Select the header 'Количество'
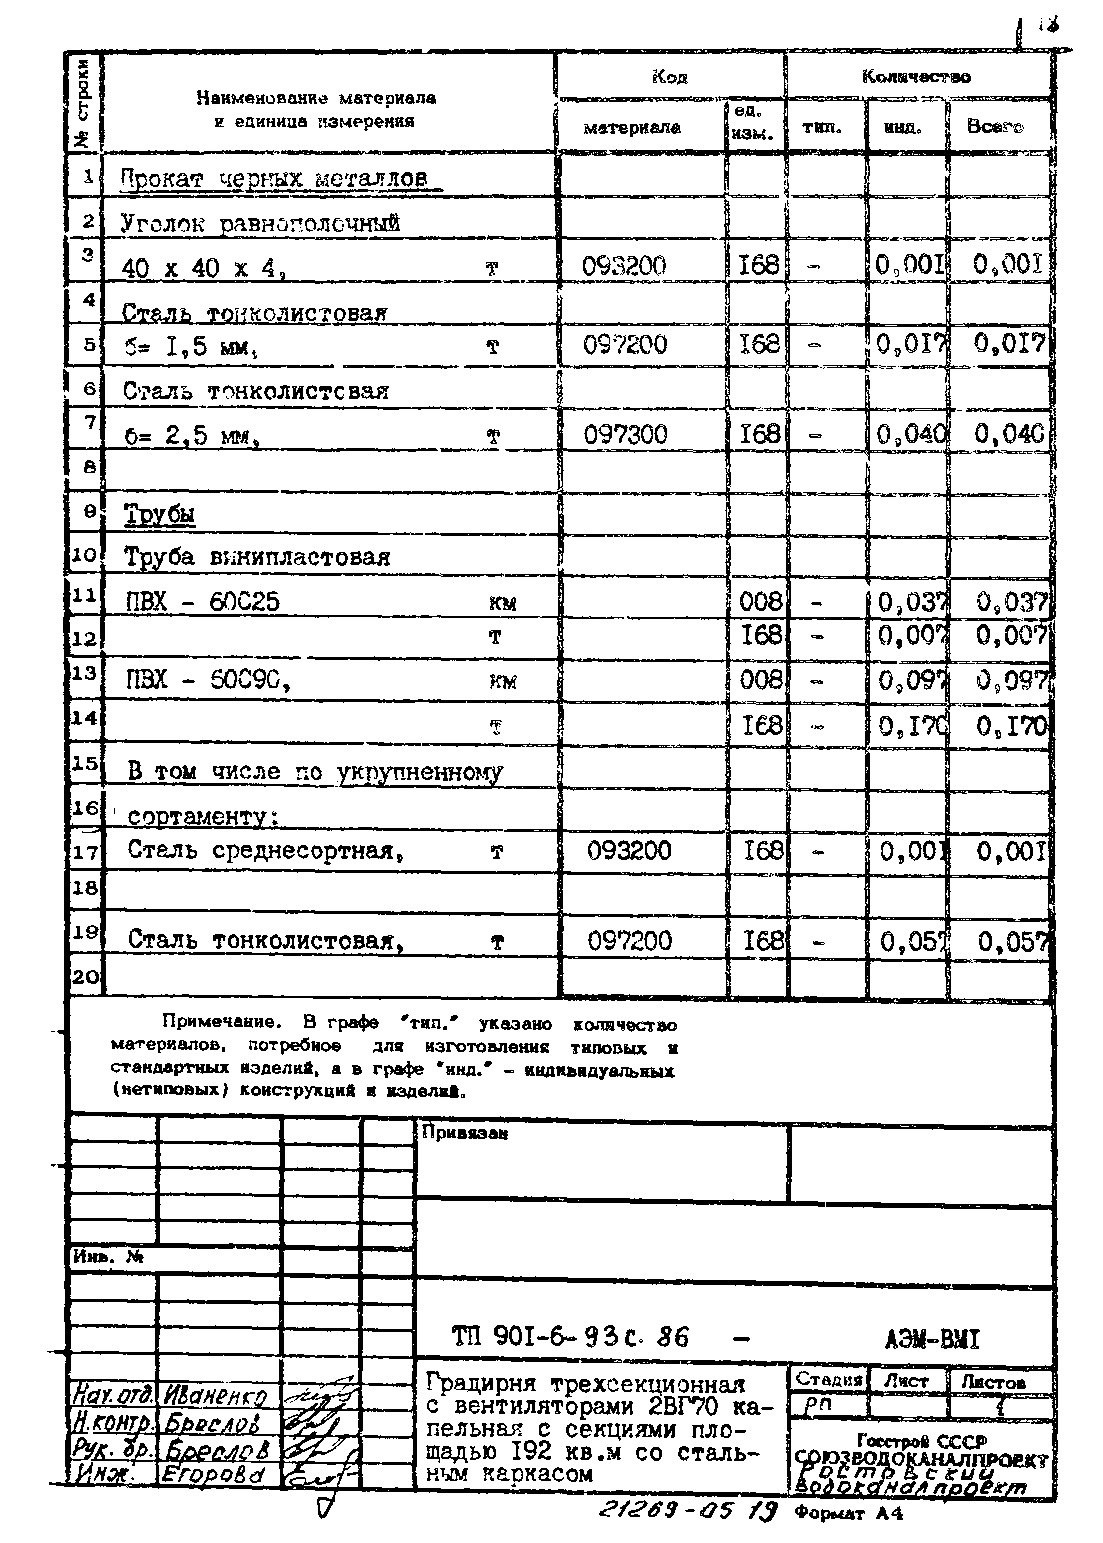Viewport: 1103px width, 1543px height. point(916,77)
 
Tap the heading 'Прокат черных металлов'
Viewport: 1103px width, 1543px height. point(274,179)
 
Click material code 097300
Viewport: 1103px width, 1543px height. point(625,435)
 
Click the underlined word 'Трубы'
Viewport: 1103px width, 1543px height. point(159,514)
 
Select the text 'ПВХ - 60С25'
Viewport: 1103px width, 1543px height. point(202,602)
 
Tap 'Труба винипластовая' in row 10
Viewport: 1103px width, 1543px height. point(257,557)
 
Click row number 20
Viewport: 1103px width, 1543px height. point(85,977)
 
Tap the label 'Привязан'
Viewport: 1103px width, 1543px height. point(465,1133)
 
